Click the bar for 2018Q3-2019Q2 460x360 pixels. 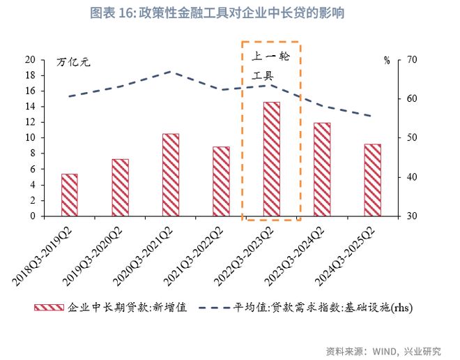click(x=70, y=195)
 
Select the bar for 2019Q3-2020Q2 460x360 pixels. click(x=120, y=187)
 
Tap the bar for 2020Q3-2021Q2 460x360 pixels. click(x=171, y=174)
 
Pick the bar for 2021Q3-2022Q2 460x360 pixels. click(x=221, y=181)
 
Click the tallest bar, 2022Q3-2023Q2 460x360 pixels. click(x=272, y=159)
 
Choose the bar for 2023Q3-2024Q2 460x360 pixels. click(x=322, y=170)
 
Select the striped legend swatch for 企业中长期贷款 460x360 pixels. click(x=47, y=307)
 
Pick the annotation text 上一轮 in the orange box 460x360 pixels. click(x=270, y=55)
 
